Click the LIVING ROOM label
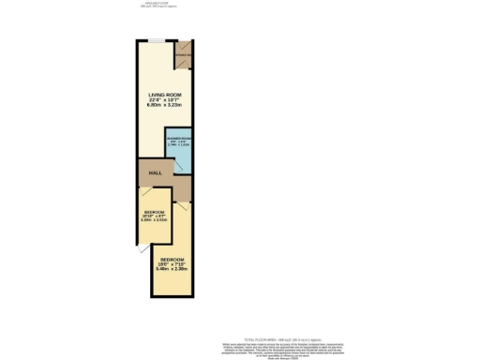(x=165, y=95)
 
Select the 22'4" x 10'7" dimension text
(x=165, y=100)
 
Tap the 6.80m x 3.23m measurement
(x=165, y=106)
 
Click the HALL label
(x=155, y=172)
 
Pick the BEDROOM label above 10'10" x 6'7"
(x=154, y=213)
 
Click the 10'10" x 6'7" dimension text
(x=154, y=217)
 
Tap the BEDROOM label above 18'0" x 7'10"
(x=172, y=258)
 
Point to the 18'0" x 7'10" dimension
(x=172, y=263)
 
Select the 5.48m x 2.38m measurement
(x=172, y=269)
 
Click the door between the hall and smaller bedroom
(x=146, y=192)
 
